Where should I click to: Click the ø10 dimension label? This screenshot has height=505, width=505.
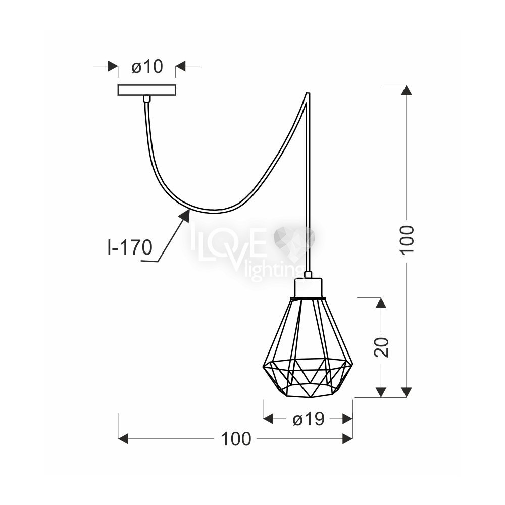[147, 67]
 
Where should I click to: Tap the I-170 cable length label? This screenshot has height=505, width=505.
[129, 247]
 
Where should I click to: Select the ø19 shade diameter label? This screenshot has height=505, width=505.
[308, 419]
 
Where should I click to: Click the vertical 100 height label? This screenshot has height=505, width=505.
[407, 240]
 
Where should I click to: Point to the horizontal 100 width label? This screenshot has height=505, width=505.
[236, 439]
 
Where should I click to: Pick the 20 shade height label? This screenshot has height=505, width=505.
[381, 347]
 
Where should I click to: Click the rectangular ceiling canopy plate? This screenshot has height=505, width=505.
[147, 90]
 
